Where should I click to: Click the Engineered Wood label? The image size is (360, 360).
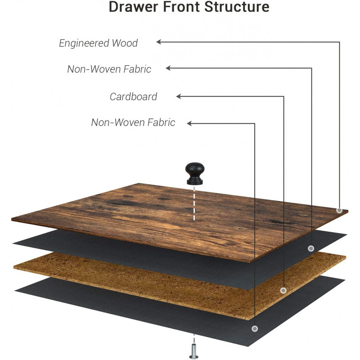tap(99, 43)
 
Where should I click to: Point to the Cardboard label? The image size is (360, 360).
tap(133, 96)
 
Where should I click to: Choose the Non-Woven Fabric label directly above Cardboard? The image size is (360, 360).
tap(109, 69)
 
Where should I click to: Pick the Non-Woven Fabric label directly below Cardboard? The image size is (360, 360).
tap(133, 122)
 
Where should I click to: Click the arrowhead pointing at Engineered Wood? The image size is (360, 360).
tap(159, 42)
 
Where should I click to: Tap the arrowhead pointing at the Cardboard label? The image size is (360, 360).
tap(179, 96)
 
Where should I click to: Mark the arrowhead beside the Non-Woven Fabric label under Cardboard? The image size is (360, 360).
tap(190, 123)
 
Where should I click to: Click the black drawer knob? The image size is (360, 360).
tap(194, 174)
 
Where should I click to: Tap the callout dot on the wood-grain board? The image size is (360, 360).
tap(339, 210)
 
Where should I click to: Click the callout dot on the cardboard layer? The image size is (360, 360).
tap(283, 290)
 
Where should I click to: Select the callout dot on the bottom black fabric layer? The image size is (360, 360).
tap(255, 329)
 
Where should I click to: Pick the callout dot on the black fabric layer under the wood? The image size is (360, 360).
tap(311, 248)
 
